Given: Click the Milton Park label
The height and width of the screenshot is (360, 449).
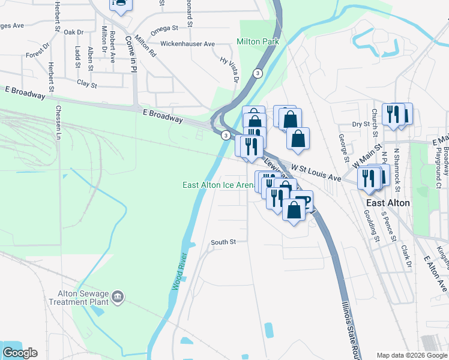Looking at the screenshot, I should pyautogui.click(x=258, y=42).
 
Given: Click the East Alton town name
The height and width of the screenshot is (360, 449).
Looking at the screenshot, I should pyautogui.click(x=388, y=203).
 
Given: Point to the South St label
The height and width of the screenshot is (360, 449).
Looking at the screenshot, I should pyautogui.click(x=223, y=242).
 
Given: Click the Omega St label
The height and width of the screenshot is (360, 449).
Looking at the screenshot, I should pyautogui.click(x=164, y=28).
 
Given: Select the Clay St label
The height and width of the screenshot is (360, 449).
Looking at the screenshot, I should pyautogui.click(x=86, y=85).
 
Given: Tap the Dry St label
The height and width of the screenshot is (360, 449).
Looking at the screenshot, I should pyautogui.click(x=360, y=124).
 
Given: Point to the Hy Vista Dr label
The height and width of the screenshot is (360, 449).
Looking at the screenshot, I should pyautogui.click(x=229, y=70).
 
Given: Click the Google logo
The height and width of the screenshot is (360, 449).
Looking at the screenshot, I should pyautogui.click(x=20, y=353).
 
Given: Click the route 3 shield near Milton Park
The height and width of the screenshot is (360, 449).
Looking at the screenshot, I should pyautogui.click(x=257, y=73).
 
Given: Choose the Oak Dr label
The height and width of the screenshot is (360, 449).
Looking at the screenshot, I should pyautogui.click(x=73, y=32).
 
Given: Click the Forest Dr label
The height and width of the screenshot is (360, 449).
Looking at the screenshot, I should pyautogui.click(x=38, y=51).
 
